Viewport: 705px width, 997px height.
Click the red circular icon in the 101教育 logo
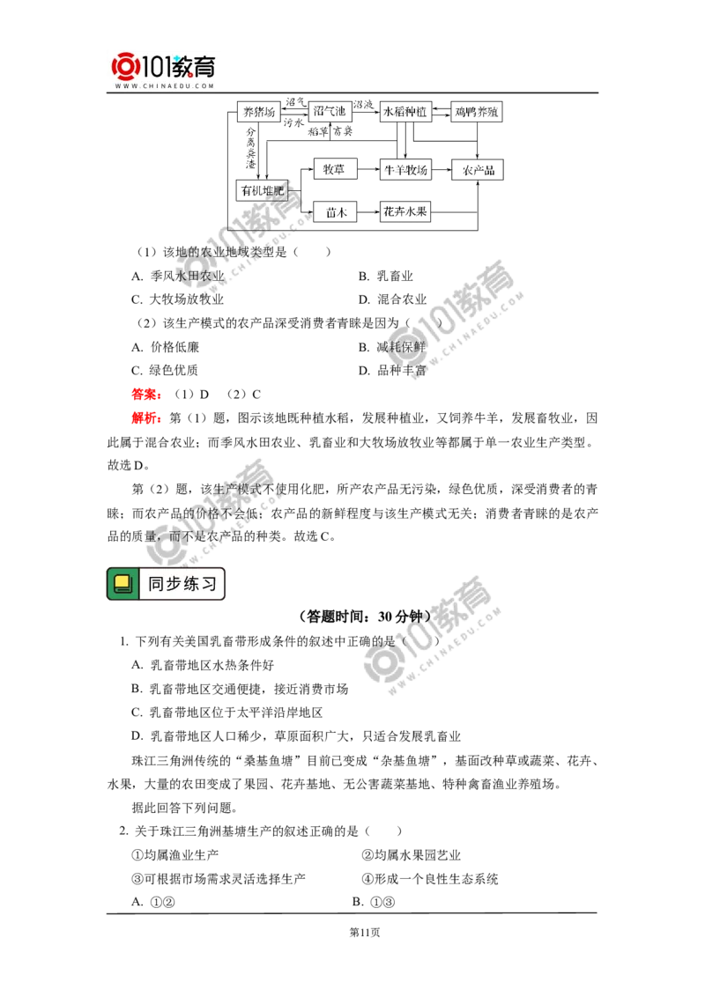pyautogui.click(x=125, y=68)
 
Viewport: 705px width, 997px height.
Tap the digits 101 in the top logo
pyautogui.click(x=156, y=67)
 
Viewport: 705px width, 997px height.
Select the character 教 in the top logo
pyautogui.click(x=186, y=66)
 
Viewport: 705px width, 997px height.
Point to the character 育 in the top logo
pyautogui.click(x=210, y=66)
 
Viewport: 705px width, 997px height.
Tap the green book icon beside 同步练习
pyautogui.click(x=123, y=584)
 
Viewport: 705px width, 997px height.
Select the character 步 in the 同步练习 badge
pyautogui.click(x=174, y=584)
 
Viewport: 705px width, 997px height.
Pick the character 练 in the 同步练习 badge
pyautogui.click(x=191, y=584)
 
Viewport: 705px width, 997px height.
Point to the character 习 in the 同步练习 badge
pyautogui.click(x=209, y=584)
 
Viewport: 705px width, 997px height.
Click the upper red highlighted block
pyautogui.click(x=145, y=395)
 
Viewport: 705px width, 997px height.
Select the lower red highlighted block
pyautogui.click(x=145, y=417)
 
